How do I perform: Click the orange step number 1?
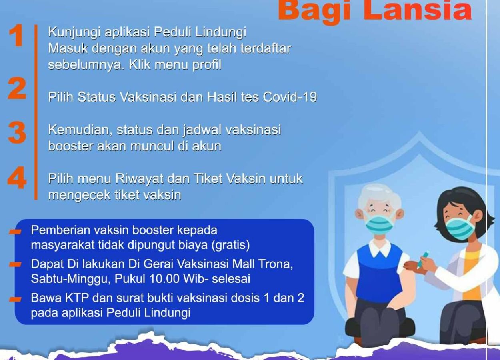(16, 36)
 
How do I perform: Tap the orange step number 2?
(17, 88)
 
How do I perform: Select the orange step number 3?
(17, 133)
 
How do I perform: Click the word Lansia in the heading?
(418, 10)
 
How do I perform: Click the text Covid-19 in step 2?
(290, 97)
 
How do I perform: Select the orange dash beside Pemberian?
(16, 232)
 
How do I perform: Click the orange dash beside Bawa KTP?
(16, 299)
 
